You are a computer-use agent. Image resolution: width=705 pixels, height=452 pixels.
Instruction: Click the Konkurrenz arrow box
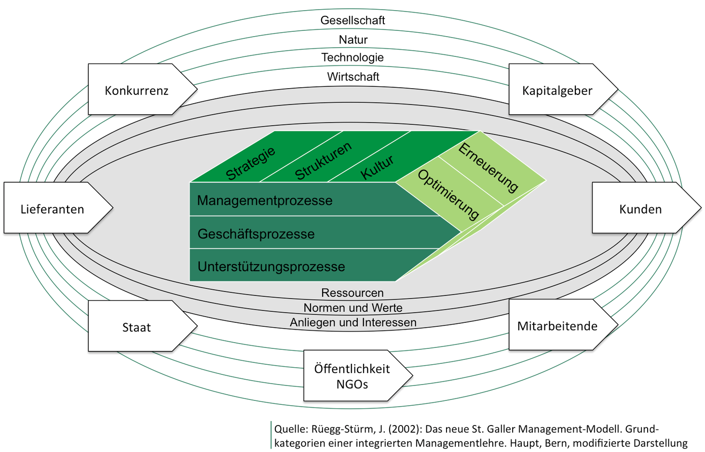pos(136,90)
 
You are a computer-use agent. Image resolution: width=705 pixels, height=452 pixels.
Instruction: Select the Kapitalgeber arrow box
pos(557,90)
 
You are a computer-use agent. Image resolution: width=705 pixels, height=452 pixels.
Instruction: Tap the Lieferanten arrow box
pos(52,209)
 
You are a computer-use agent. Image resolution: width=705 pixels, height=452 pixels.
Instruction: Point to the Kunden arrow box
pos(640,209)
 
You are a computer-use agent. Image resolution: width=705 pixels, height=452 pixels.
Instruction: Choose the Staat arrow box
pos(136,327)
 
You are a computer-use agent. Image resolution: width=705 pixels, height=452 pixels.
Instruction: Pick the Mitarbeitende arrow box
pos(557,326)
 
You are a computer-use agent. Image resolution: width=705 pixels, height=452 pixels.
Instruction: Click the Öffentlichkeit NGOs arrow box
pos(352,376)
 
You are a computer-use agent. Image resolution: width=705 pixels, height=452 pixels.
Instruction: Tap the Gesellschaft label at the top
pos(352,20)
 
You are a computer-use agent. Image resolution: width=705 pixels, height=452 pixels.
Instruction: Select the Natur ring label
pos(352,40)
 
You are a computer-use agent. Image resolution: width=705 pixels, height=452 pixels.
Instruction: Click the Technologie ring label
pos(352,57)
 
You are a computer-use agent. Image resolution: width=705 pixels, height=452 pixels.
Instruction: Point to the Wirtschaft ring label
pos(352,77)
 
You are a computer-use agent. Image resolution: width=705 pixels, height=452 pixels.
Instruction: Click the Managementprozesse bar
pos(265,200)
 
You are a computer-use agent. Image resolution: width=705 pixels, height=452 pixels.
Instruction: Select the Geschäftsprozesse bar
pos(256,234)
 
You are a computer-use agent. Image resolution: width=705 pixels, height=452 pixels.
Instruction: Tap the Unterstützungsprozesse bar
pos(271,266)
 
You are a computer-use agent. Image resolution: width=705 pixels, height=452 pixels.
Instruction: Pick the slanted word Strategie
pos(250,163)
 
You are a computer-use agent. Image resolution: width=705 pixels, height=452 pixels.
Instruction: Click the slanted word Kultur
pos(377,167)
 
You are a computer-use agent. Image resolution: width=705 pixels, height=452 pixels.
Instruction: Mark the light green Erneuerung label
pos(488,167)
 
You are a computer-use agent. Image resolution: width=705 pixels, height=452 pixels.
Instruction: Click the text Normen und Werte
pos(352,307)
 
